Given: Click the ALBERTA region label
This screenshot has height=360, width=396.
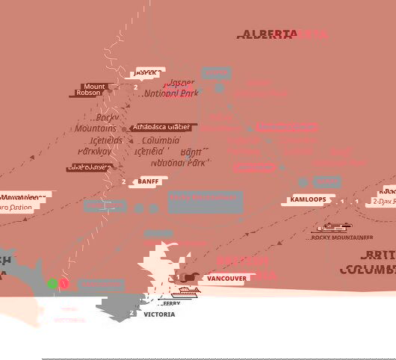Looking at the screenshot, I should [266, 34].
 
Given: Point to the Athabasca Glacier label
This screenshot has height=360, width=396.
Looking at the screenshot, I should [163, 128].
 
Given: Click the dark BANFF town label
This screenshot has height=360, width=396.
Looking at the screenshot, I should [149, 181].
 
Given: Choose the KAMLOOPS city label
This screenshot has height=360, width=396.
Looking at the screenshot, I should [307, 201].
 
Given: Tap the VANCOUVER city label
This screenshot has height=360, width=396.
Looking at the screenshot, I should [226, 279].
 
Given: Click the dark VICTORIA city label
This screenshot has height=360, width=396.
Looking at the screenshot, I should [159, 314].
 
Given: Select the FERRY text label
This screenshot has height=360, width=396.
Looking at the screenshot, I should [170, 304].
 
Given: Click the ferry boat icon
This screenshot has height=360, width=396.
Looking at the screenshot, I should [186, 291].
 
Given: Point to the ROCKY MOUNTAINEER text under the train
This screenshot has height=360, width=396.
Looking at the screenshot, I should [343, 238].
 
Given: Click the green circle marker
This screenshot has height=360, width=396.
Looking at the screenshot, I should [52, 284].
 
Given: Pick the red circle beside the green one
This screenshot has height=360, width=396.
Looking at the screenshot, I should [64, 284].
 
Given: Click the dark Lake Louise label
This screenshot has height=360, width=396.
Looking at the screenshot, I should [90, 168].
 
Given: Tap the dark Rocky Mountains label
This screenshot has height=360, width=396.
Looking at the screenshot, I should [96, 122].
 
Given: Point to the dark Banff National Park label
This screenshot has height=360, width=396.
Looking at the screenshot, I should [179, 157].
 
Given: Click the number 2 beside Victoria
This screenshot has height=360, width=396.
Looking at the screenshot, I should [132, 314].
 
